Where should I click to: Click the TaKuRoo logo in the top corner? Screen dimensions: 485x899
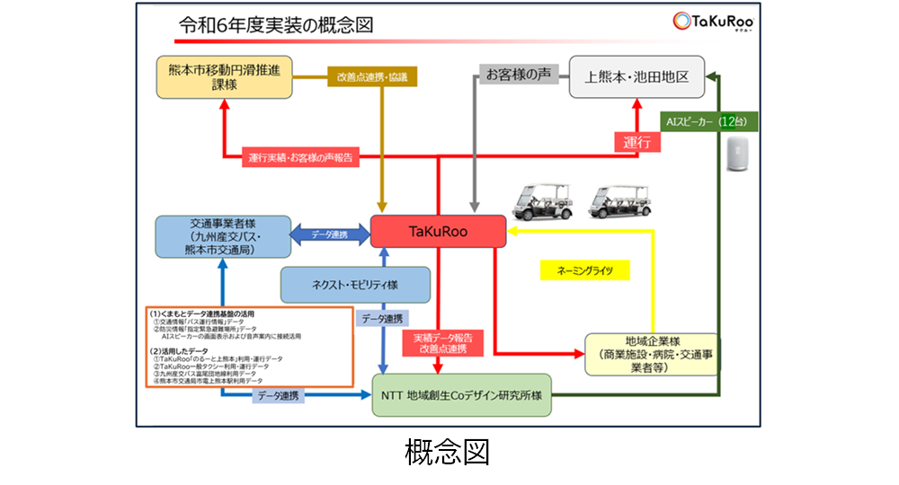pyautogui.click(x=711, y=23)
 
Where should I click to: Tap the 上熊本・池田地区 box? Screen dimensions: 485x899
pyautogui.click(x=636, y=76)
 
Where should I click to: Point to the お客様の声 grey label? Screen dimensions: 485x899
pyautogui.click(x=517, y=75)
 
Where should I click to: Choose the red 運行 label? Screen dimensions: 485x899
pyautogui.click(x=636, y=142)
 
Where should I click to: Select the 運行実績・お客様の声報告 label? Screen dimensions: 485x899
pyautogui.click(x=301, y=158)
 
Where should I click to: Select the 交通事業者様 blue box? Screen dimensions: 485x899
pyautogui.click(x=222, y=237)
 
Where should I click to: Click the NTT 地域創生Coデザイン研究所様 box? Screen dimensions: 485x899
pyautogui.click(x=463, y=397)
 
